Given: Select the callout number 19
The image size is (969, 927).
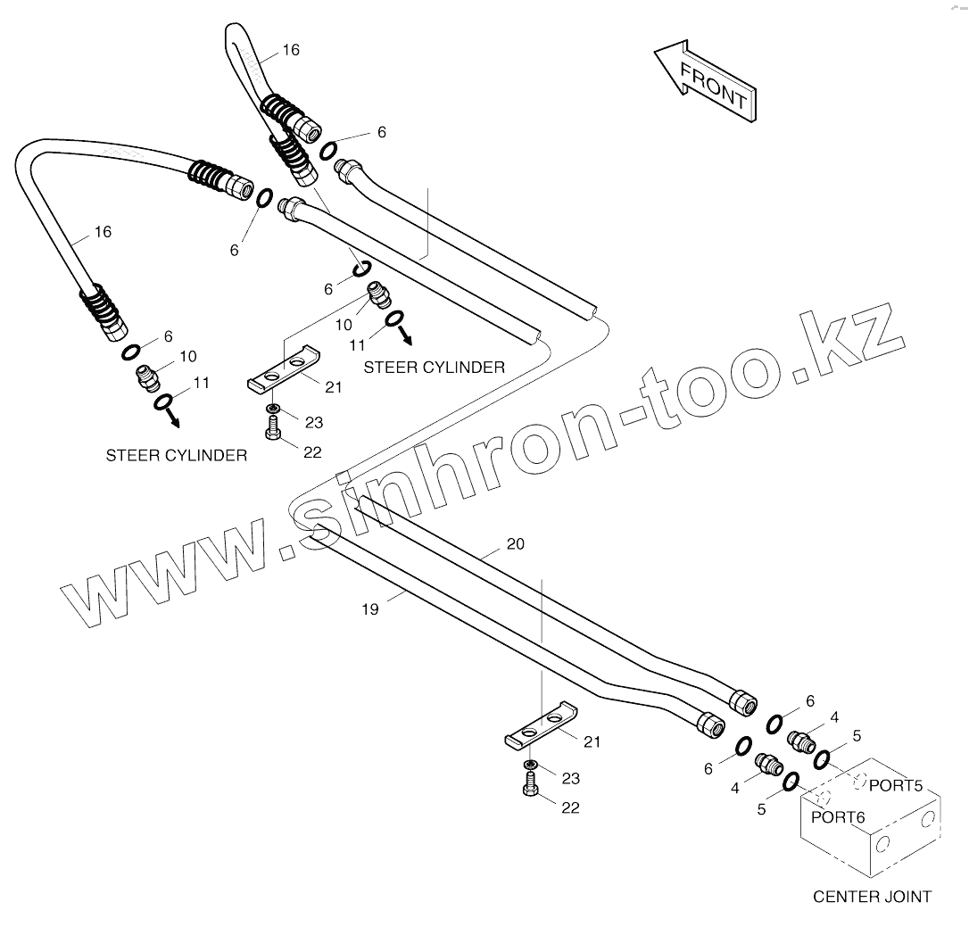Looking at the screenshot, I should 370,609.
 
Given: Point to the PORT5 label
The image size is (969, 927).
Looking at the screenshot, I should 894,786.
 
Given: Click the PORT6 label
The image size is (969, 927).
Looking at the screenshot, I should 838,816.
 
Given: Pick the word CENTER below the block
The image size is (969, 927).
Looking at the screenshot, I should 842,897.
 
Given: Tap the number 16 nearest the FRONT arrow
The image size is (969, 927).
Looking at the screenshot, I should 291,50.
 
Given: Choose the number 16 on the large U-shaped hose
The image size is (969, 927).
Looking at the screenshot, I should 103,232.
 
